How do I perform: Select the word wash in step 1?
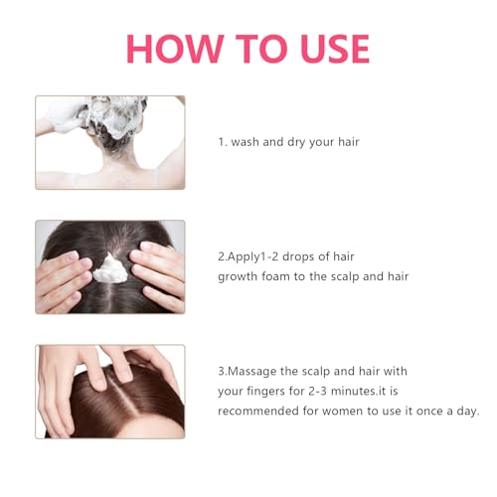[x=246, y=142]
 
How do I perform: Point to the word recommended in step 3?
[x=260, y=412]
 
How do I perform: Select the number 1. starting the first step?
[x=222, y=142]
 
